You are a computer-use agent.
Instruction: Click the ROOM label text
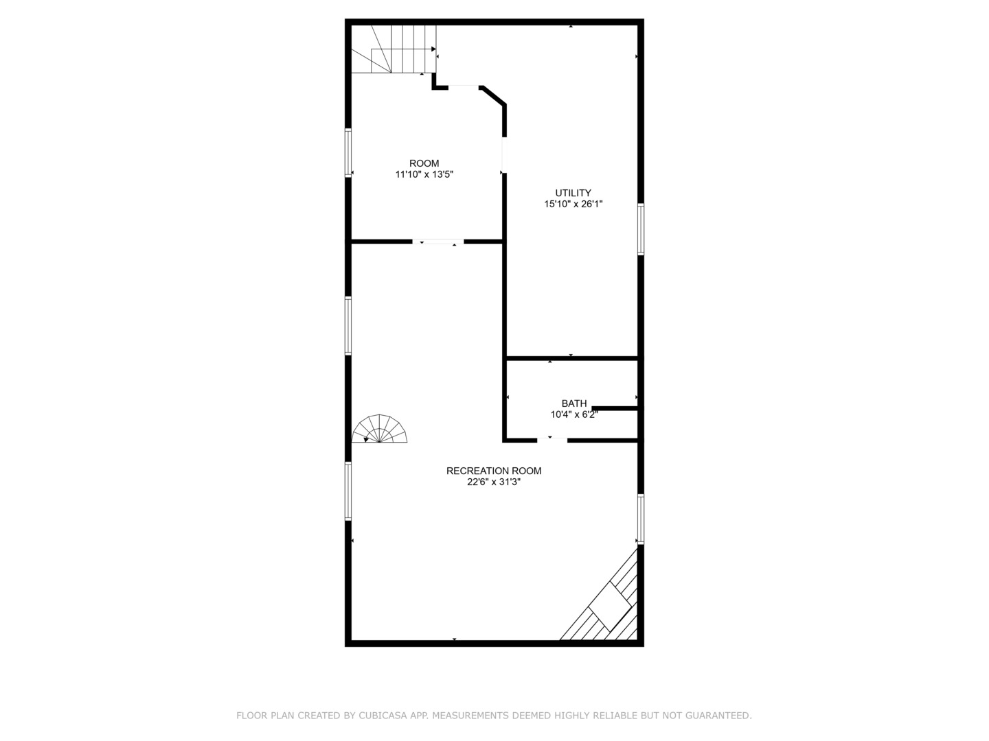[x=424, y=163]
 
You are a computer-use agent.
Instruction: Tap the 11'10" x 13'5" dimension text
[x=424, y=174]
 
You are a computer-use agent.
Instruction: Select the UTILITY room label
[x=573, y=193]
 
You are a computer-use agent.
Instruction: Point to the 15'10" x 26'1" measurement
[x=573, y=204]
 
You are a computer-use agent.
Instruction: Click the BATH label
[x=574, y=403]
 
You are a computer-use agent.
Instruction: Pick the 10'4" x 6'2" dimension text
[x=574, y=414]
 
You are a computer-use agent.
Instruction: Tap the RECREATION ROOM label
[x=494, y=471]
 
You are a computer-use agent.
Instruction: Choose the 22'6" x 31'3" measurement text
[x=494, y=482]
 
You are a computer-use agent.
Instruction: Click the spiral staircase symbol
[x=379, y=430]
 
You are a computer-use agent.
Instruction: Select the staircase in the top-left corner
[x=394, y=49]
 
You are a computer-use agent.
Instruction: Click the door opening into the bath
[x=552, y=439]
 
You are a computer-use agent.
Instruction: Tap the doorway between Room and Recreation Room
[x=438, y=242]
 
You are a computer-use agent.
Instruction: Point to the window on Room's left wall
[x=348, y=153]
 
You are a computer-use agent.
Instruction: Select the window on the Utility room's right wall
[x=641, y=229]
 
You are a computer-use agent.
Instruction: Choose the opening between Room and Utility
[x=503, y=156]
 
